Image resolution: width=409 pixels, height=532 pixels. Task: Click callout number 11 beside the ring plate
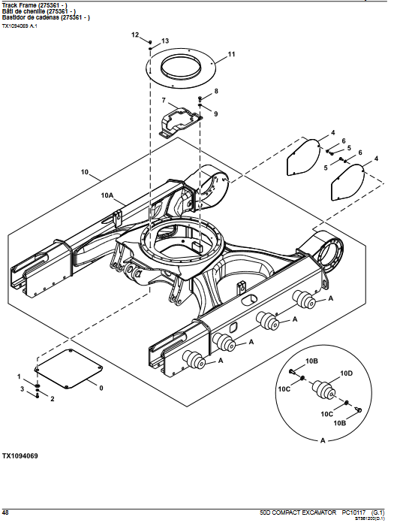click(231, 54)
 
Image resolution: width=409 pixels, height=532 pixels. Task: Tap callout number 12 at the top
click(135, 35)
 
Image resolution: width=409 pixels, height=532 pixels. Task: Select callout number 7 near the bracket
click(164, 100)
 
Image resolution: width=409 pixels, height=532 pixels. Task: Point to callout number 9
click(216, 114)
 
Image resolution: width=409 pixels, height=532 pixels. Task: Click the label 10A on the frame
click(107, 195)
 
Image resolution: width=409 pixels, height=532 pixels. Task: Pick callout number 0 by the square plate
click(101, 388)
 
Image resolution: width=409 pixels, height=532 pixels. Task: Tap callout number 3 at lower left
click(23, 388)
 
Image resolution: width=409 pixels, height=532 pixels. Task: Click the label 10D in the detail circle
click(346, 373)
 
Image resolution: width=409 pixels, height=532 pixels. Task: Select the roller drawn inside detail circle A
click(323, 389)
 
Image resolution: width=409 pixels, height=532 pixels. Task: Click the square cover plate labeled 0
click(69, 369)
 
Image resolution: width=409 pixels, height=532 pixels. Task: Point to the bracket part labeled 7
click(181, 122)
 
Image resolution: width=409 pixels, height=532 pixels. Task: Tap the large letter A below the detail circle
click(323, 440)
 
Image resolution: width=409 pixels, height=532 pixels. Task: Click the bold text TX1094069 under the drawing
click(20, 456)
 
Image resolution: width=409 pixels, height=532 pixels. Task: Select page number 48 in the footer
click(5, 512)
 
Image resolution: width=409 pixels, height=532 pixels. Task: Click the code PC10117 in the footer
click(353, 512)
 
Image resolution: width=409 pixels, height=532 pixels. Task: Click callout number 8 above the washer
click(216, 91)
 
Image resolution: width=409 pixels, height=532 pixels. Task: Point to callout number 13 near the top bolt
click(165, 41)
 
